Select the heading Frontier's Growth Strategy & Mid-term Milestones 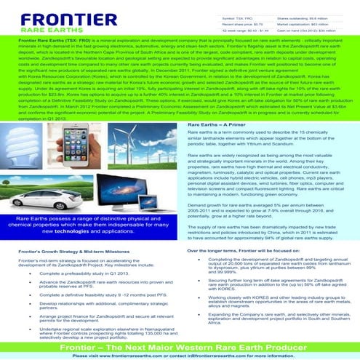pos(73,250)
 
